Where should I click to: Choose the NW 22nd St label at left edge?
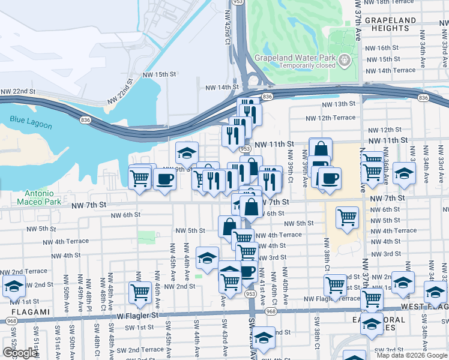coord(18,91)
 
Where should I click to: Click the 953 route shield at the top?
coord(238,2)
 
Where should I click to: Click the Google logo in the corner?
coord(20,353)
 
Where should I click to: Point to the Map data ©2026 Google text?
coord(412,355)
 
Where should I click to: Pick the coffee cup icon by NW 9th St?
coord(164,178)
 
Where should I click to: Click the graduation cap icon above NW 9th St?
coord(187,152)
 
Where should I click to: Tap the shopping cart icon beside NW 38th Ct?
coord(346,217)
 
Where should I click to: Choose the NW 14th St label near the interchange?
coord(222,88)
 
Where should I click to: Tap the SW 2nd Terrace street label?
coord(140,350)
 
